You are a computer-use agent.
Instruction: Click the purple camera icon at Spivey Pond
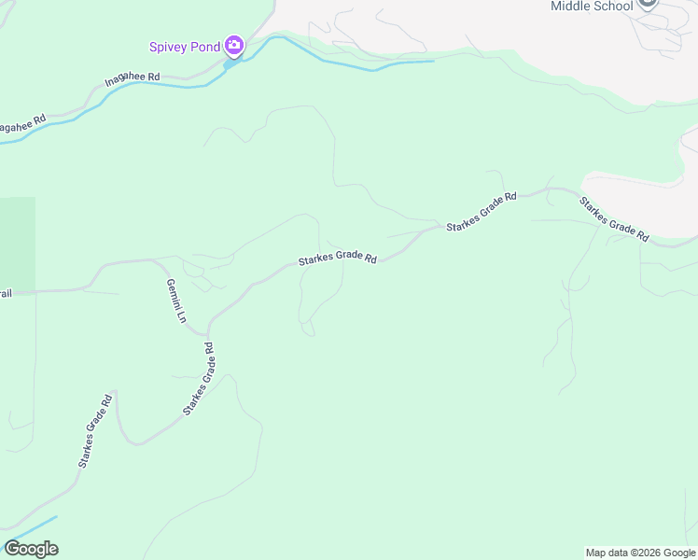(x=234, y=45)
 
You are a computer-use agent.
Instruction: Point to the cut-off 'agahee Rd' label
(x=23, y=125)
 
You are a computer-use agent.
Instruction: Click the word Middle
(x=571, y=6)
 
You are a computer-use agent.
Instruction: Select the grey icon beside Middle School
(x=648, y=4)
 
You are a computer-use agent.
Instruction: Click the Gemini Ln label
(x=174, y=301)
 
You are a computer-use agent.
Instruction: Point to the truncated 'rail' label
(x=6, y=293)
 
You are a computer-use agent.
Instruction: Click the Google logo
(x=31, y=549)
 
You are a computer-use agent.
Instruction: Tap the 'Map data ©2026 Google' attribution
(x=641, y=553)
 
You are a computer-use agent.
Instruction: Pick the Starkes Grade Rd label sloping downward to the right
(x=613, y=218)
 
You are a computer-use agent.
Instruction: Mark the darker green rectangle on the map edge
(x=18, y=243)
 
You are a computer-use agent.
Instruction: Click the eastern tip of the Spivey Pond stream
(x=432, y=62)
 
